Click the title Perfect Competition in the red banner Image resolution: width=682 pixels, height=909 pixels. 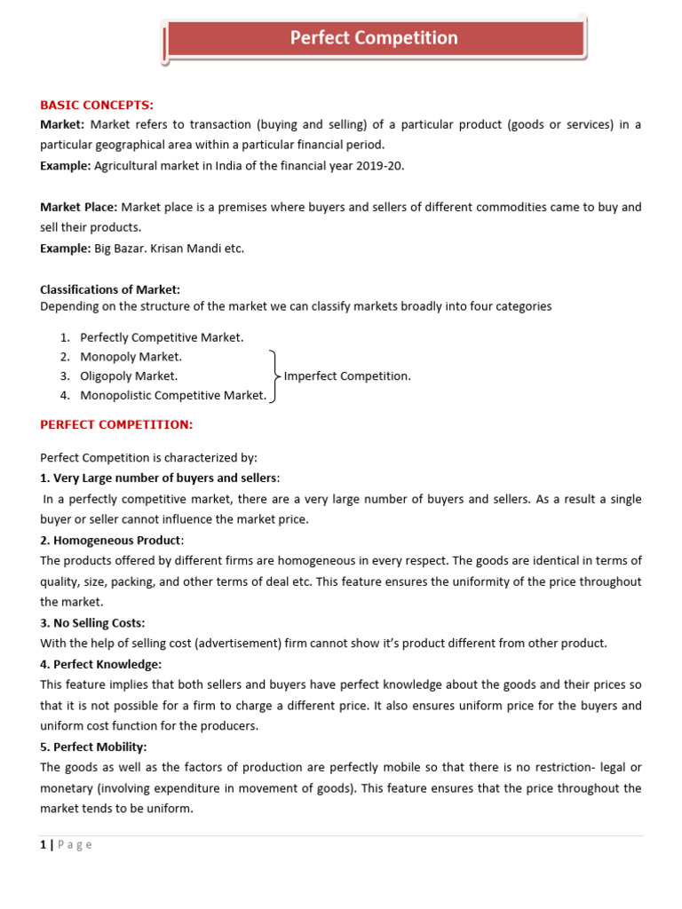(374, 38)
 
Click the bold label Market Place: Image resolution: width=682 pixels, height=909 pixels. (78, 207)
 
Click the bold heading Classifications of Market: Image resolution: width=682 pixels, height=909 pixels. (110, 289)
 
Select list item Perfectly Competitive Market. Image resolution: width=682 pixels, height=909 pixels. (162, 337)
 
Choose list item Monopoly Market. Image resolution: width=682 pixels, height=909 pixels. (131, 357)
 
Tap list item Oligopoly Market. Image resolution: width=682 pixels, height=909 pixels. (129, 376)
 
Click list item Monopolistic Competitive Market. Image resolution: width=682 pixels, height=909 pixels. (173, 396)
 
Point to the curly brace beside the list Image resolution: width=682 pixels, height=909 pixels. (274, 376)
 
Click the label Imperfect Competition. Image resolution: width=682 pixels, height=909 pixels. (347, 376)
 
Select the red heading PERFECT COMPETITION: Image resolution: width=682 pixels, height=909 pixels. (116, 425)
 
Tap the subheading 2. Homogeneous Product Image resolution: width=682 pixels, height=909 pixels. (111, 541)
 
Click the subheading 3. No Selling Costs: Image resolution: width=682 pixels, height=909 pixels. (92, 623)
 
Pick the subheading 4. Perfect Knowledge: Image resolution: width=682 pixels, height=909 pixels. (101, 664)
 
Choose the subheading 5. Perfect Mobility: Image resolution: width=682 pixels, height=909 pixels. (93, 747)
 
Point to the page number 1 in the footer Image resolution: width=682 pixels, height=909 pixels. (43, 845)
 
